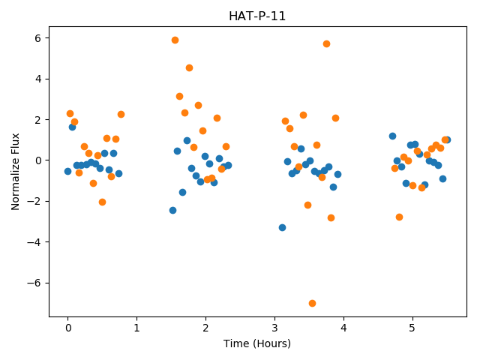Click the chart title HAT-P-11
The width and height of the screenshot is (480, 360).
[x=257, y=16]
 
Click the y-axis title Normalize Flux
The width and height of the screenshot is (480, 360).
[x=15, y=172]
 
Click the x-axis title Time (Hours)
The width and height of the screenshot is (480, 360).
[x=257, y=343]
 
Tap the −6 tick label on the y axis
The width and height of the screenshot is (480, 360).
[x=34, y=283]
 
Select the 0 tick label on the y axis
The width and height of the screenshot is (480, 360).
[x=37, y=160]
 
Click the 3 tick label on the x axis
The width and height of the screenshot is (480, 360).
[x=274, y=328]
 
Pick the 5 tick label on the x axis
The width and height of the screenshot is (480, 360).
[x=412, y=328]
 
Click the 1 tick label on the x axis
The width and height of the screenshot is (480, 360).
[x=136, y=328]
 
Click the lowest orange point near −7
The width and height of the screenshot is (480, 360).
[x=312, y=303]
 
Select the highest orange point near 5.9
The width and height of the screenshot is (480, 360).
[x=175, y=40]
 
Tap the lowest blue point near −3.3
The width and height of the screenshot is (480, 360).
[x=282, y=227]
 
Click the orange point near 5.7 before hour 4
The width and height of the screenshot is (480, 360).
[x=326, y=43]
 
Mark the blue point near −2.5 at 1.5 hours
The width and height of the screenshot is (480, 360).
[x=172, y=210]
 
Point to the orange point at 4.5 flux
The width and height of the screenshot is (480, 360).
[x=189, y=68]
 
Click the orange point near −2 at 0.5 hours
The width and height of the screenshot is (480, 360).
[x=102, y=202]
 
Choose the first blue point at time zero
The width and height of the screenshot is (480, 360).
[x=68, y=172]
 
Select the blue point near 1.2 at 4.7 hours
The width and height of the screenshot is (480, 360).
[x=392, y=136]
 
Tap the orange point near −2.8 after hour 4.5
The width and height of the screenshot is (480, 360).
[x=399, y=217]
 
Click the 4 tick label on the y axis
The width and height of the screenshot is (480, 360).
[x=37, y=79]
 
